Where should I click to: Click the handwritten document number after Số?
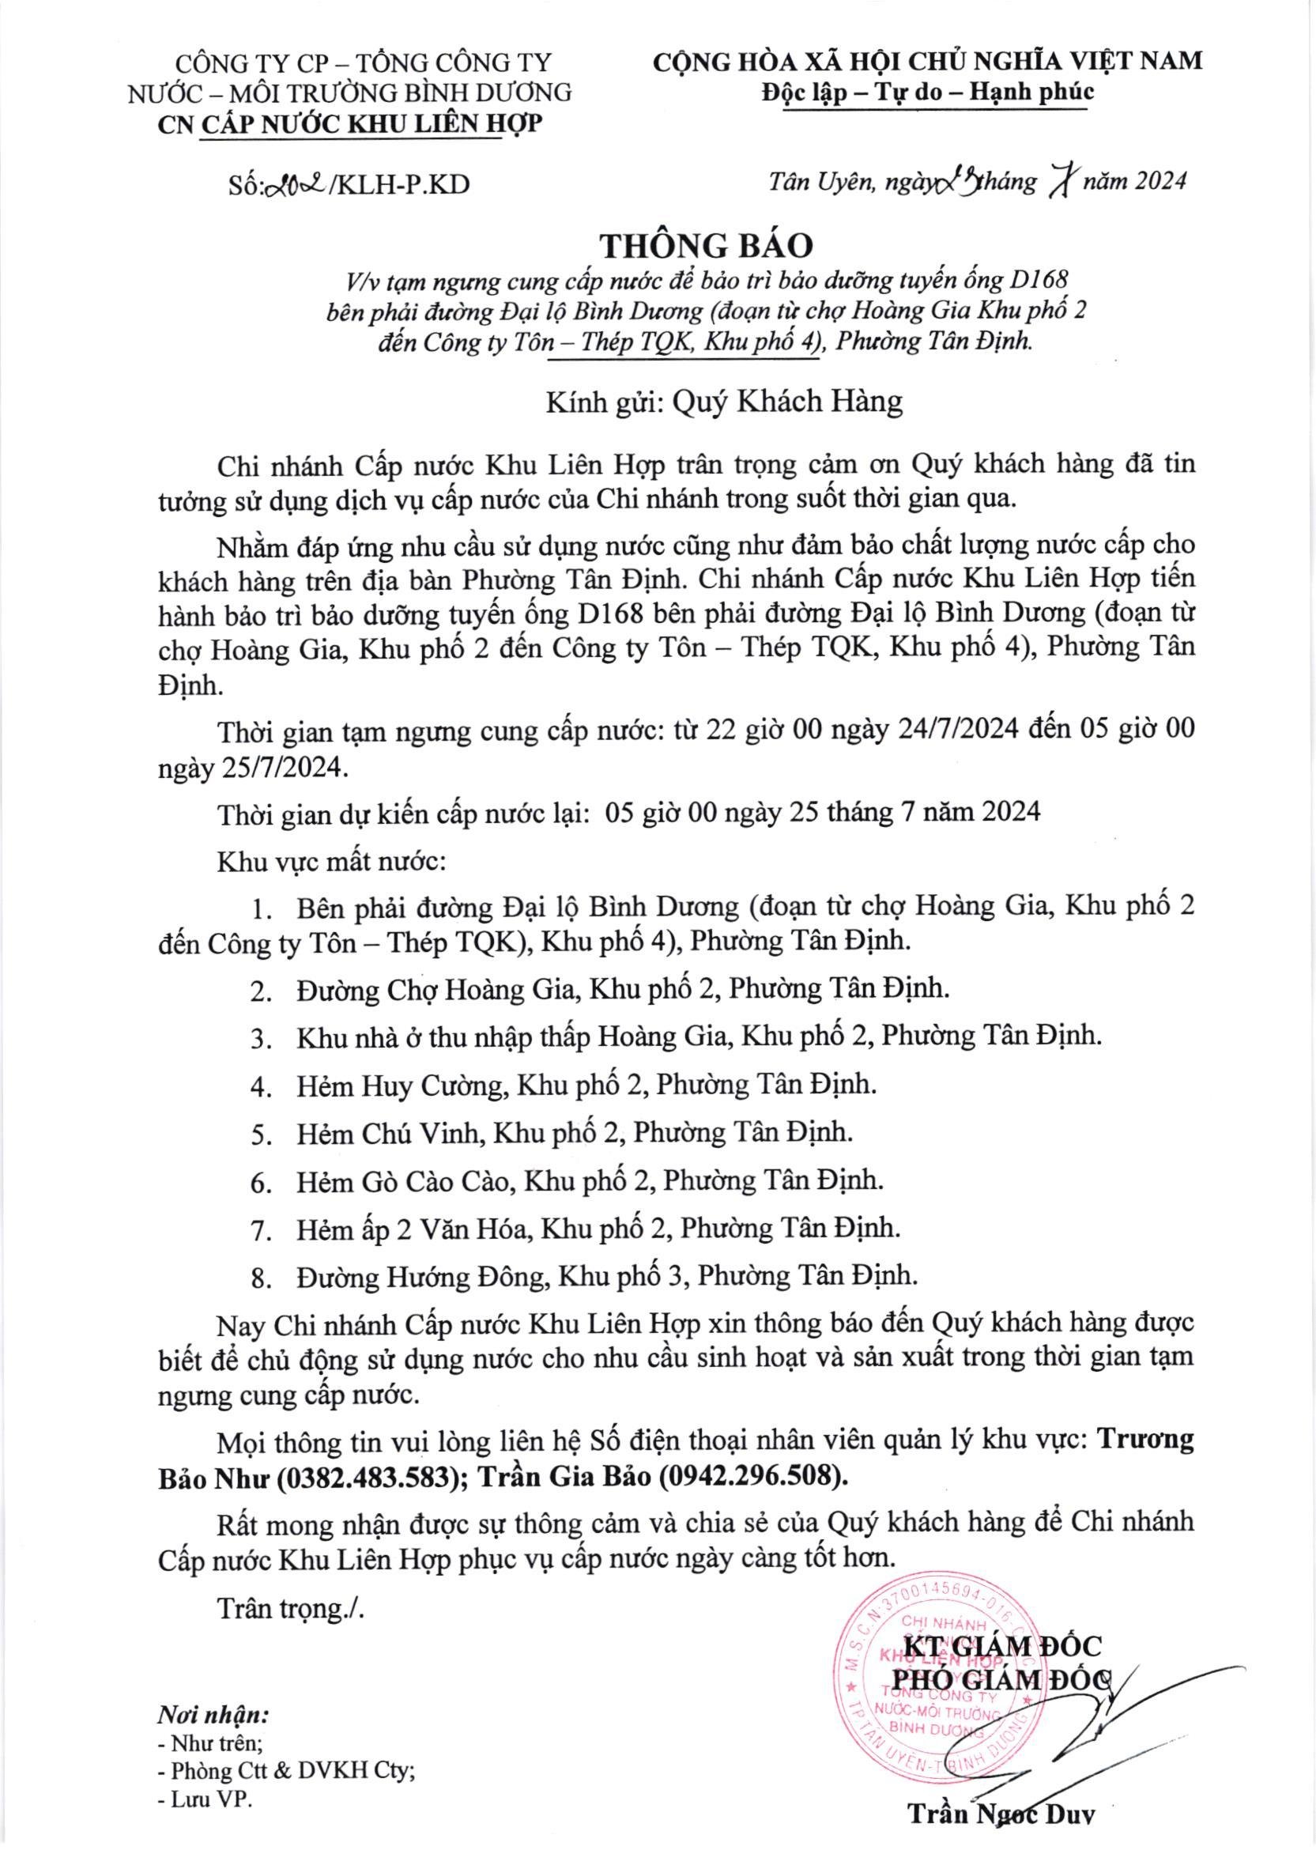coord(292,185)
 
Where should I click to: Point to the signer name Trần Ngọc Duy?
coord(1001,1812)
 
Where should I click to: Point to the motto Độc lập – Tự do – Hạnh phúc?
coord(928,92)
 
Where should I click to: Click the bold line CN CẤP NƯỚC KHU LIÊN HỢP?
coord(350,123)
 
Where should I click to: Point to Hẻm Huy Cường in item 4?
coord(401,1085)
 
